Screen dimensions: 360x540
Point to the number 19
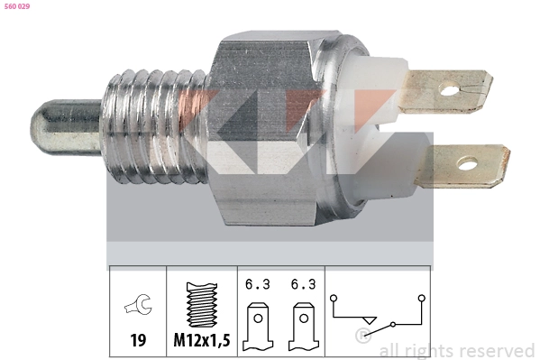pos(138,342)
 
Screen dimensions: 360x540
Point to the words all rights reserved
pos(456,350)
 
